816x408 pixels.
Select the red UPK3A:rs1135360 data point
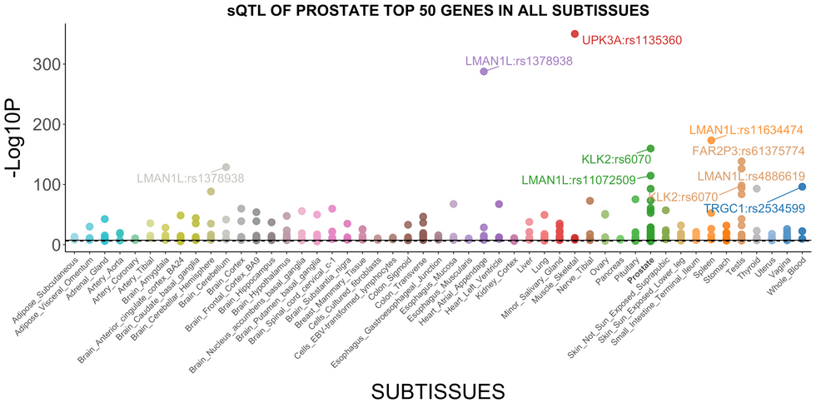[x=575, y=34]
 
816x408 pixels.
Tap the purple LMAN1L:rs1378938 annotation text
[x=519, y=61]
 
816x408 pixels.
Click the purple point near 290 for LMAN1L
[x=484, y=72]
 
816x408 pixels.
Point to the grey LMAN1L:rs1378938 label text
[x=191, y=178]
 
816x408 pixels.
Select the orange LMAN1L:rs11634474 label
[x=746, y=130]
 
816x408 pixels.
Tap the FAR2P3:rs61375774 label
[x=748, y=151]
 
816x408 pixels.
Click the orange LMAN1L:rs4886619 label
[x=750, y=176]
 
